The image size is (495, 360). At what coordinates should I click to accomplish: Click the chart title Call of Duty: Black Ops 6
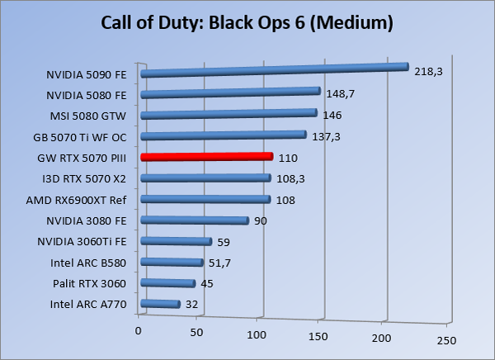[247, 21]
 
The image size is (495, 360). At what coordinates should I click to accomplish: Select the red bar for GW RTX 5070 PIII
[206, 157]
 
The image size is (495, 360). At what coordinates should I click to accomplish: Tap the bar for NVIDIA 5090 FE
[275, 70]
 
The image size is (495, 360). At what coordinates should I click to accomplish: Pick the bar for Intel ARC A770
[161, 305]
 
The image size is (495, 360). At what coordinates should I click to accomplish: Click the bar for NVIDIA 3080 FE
[195, 220]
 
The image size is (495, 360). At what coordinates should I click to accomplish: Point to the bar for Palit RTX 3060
[168, 284]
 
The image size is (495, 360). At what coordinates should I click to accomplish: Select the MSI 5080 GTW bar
[229, 114]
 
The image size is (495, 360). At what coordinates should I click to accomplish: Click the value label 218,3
[428, 72]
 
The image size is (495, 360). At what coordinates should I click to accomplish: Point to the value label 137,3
[323, 136]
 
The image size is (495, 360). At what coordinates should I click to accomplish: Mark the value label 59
[224, 242]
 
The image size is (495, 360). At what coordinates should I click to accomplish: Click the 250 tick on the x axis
[445, 339]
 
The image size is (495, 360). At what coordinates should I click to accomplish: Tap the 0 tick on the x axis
[139, 331]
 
